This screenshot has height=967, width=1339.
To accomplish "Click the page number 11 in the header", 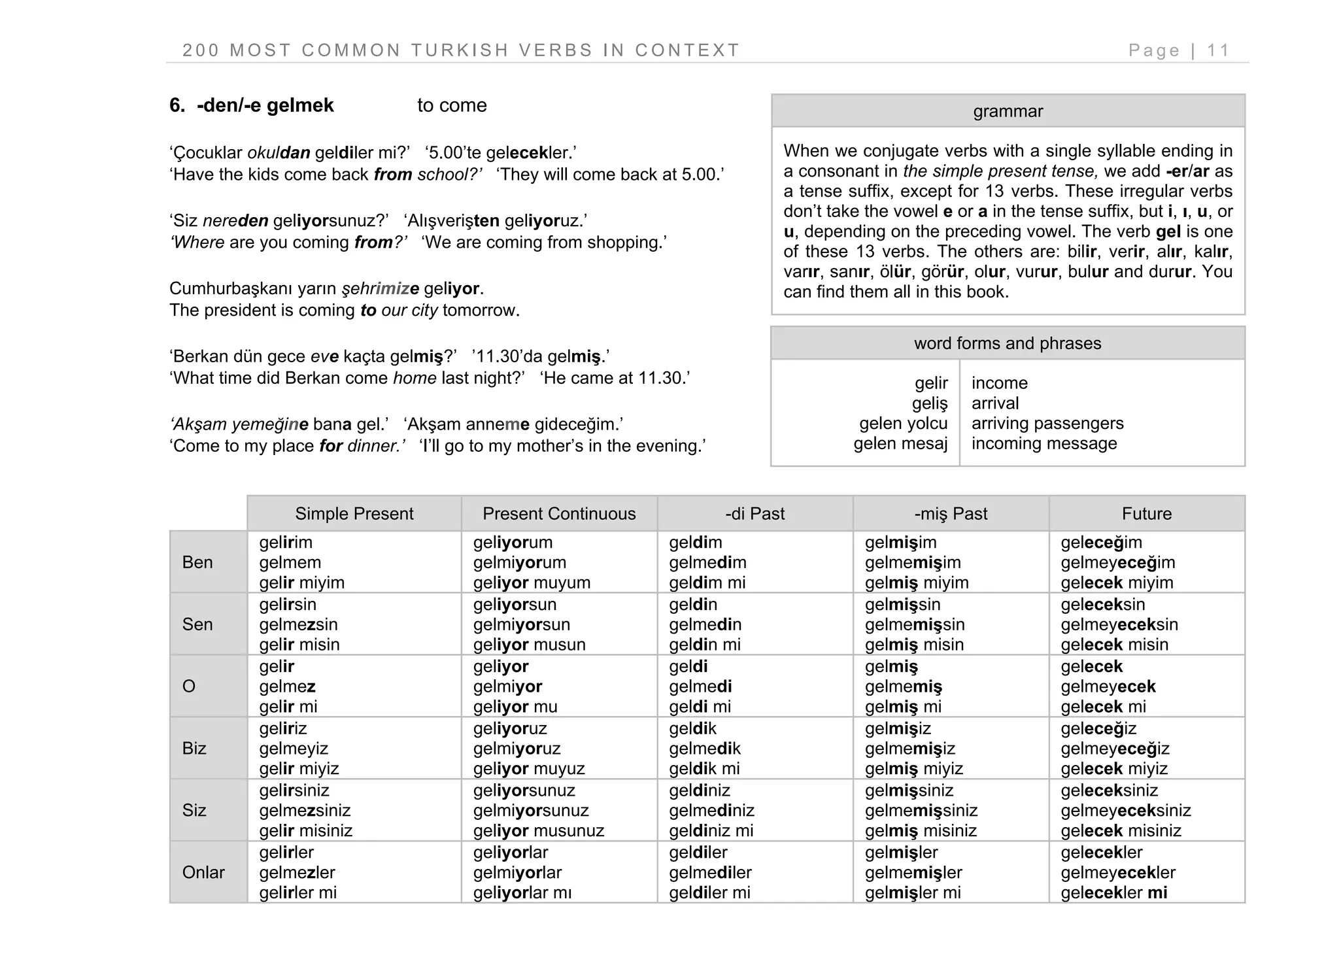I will pyautogui.click(x=1218, y=50).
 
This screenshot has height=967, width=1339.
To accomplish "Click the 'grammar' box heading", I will pyautogui.click(x=1008, y=111).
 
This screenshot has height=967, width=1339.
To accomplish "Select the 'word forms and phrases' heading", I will pyautogui.click(x=1008, y=343).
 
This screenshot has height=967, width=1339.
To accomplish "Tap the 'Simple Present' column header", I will pyautogui.click(x=354, y=513).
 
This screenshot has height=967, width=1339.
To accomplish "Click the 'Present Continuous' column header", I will pyautogui.click(x=559, y=513).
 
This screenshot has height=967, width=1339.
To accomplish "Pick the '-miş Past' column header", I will pyautogui.click(x=951, y=513).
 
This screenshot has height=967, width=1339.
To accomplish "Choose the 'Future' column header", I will pyautogui.click(x=1146, y=513).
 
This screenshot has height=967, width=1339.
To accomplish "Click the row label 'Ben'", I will pyautogui.click(x=197, y=562).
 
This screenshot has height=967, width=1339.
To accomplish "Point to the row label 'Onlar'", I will pyautogui.click(x=203, y=872).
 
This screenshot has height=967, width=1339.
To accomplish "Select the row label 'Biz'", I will pyautogui.click(x=194, y=748).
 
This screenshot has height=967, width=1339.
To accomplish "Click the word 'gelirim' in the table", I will pyautogui.click(x=286, y=542).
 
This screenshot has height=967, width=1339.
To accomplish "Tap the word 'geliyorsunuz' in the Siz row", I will pyautogui.click(x=524, y=790).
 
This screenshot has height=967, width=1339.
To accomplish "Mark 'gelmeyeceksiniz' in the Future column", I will pyautogui.click(x=1126, y=810).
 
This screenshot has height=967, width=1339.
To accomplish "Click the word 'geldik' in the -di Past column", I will pyautogui.click(x=692, y=728).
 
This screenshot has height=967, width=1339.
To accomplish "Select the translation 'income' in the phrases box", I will pyautogui.click(x=999, y=383).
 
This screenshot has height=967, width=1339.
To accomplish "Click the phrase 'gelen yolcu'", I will pyautogui.click(x=903, y=423).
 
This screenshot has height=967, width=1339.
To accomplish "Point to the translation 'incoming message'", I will pyautogui.click(x=1044, y=443).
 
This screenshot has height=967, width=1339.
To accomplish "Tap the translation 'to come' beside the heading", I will pyautogui.click(x=452, y=105).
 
